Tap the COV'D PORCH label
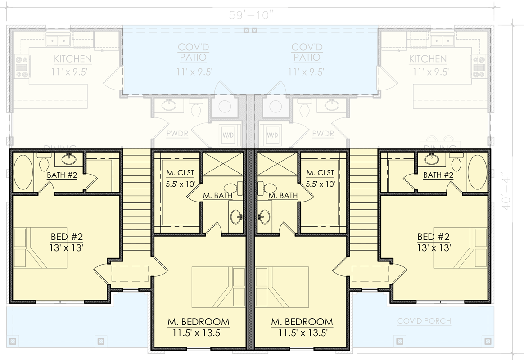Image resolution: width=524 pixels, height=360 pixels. coord(424,321)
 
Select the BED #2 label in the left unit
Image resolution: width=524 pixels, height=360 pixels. coord(67,237)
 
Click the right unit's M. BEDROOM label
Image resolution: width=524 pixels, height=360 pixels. coord(302,322)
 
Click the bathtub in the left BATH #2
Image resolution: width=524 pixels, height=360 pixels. coord(22,172)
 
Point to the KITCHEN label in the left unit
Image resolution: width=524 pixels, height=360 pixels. coord(73,59)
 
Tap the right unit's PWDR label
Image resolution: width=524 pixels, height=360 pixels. coord(322,134)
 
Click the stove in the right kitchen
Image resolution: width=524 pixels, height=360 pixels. coord(479,65)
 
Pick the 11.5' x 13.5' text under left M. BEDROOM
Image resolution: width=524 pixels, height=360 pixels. coord(199,333)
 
